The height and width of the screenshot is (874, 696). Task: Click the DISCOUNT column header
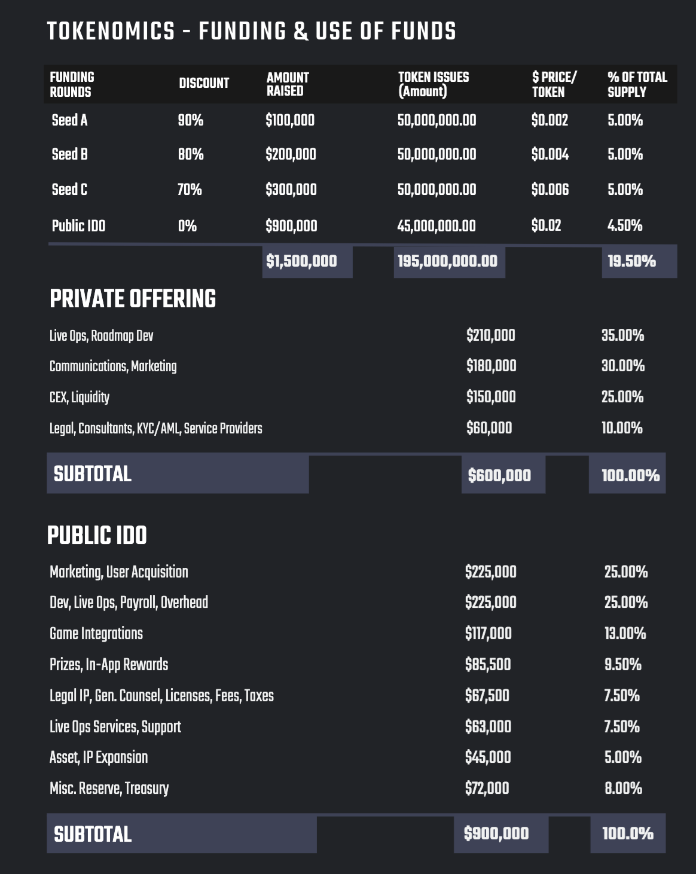(x=204, y=83)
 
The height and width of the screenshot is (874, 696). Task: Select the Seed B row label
(x=70, y=154)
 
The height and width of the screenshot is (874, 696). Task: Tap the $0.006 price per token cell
(x=550, y=190)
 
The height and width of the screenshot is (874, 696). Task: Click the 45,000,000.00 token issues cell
(x=436, y=226)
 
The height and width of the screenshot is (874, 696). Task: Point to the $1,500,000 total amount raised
(x=301, y=261)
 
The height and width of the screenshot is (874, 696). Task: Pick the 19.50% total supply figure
(x=631, y=261)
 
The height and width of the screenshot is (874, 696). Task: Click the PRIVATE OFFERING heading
(x=133, y=299)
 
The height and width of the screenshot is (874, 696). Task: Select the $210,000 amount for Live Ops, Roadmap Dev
(x=490, y=335)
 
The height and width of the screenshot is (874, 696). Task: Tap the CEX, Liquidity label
(x=80, y=397)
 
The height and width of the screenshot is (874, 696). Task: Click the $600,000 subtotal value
(x=499, y=475)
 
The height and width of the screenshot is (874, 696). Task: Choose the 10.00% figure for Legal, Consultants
(x=622, y=428)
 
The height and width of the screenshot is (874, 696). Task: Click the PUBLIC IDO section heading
(x=97, y=536)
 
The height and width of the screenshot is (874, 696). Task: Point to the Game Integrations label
(x=96, y=634)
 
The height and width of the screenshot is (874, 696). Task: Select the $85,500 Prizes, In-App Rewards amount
(x=488, y=665)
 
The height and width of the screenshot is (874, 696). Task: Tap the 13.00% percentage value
(x=625, y=634)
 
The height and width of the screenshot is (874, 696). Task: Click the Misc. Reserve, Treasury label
(x=109, y=789)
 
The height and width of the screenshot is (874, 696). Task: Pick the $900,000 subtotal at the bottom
(x=496, y=833)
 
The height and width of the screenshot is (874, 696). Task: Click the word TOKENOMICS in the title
(x=111, y=31)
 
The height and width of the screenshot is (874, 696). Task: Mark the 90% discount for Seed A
(x=190, y=120)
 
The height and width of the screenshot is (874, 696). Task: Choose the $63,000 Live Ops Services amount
(x=488, y=727)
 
